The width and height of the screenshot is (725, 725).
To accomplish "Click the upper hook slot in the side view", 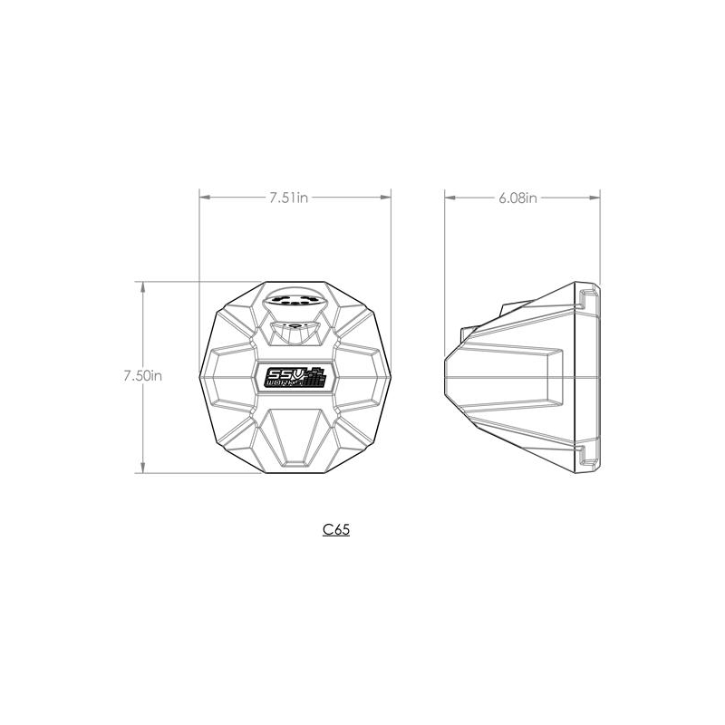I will (588, 296).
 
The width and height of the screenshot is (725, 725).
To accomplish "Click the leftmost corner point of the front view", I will (200, 375).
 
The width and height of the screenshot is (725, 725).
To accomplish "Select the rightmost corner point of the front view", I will (391, 375).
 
